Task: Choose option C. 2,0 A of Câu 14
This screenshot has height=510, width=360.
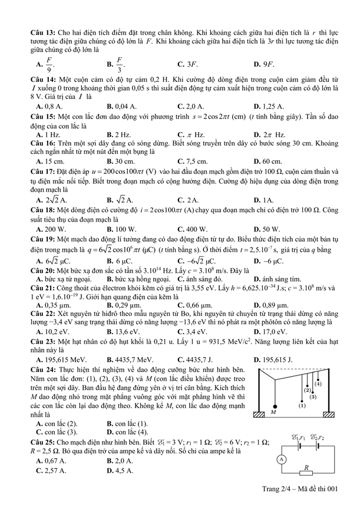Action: pyautogui.click(x=191, y=107)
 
